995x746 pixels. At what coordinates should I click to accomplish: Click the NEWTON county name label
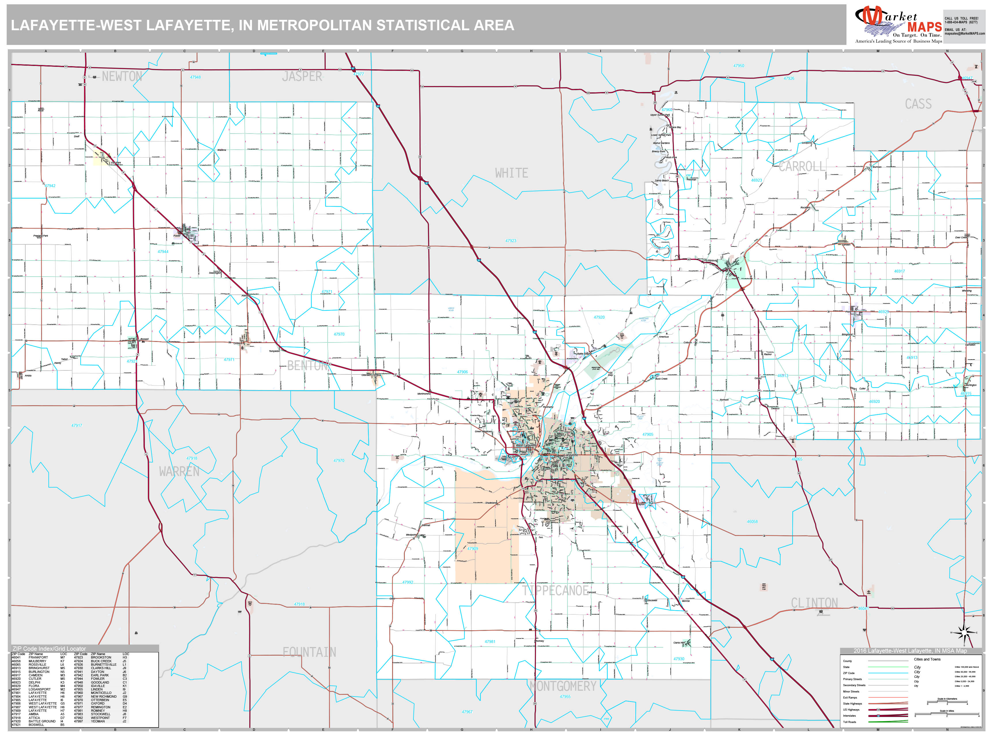[x=122, y=77]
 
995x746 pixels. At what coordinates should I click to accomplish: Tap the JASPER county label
[x=302, y=77]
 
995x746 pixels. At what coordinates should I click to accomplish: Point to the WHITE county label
[x=511, y=173]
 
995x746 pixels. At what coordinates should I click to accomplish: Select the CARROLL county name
[x=802, y=167]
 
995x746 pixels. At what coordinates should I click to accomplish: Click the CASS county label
[x=918, y=104]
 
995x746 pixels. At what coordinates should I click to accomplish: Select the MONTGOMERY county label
[x=563, y=686]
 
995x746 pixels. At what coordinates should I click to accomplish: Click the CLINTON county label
[x=814, y=603]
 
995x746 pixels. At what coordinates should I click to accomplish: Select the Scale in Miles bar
[x=947, y=715]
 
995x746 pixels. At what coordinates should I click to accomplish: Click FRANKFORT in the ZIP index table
[x=38, y=657]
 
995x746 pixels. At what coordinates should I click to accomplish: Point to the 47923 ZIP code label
[x=510, y=241]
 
